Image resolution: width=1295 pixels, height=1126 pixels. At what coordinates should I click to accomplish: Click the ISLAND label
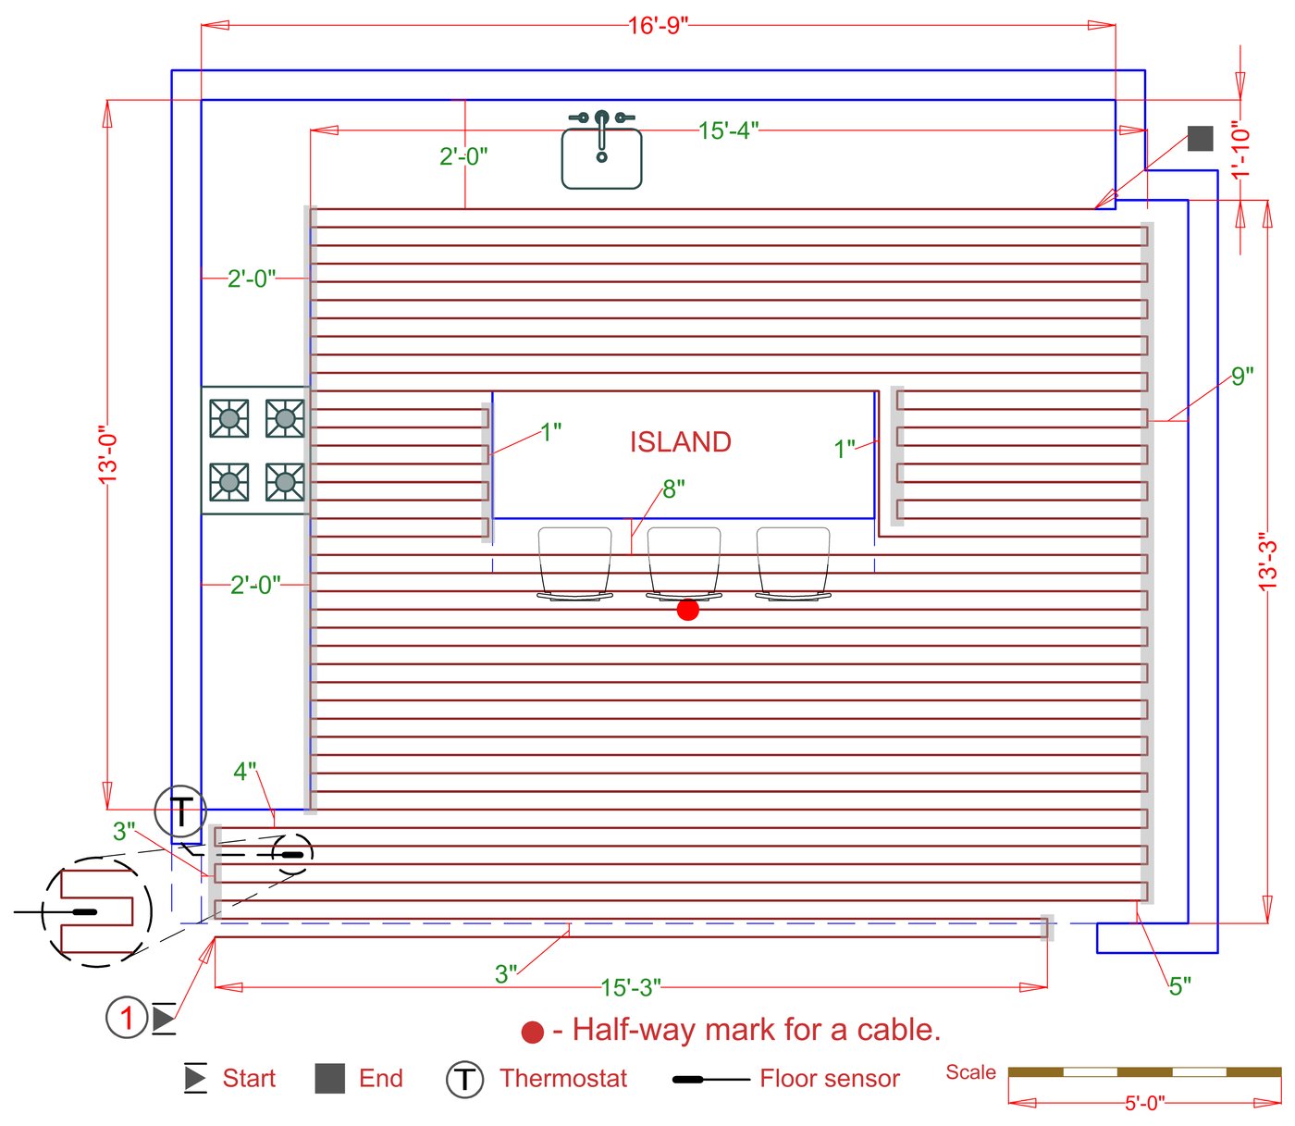(x=680, y=441)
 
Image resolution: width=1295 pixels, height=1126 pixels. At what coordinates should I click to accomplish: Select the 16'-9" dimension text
(x=658, y=25)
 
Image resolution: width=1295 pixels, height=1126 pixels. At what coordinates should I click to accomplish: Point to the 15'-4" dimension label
(x=728, y=130)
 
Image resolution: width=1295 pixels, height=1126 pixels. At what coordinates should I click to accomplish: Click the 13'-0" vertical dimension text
(x=108, y=455)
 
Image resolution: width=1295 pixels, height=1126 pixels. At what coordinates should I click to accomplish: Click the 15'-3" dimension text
(x=631, y=986)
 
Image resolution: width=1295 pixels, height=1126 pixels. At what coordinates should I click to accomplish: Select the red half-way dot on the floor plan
(x=687, y=610)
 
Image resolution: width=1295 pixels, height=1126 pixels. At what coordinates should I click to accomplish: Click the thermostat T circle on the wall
(x=181, y=810)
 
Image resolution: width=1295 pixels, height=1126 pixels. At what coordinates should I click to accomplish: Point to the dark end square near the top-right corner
(x=1200, y=138)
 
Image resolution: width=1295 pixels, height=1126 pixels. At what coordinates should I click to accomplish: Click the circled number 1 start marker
(x=128, y=1017)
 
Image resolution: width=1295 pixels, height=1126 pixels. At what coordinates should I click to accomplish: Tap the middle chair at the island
(x=684, y=563)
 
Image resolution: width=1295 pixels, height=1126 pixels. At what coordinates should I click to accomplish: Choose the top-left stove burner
(x=228, y=418)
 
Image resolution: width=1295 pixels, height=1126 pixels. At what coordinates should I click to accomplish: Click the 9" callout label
(x=1242, y=376)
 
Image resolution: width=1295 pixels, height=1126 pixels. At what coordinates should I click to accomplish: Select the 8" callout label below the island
(x=673, y=489)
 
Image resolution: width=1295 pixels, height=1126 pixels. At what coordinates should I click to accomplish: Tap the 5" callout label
(x=1179, y=986)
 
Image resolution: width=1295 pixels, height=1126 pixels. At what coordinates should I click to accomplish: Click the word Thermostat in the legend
(x=563, y=1078)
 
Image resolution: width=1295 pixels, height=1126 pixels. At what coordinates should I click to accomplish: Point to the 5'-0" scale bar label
(x=1144, y=1103)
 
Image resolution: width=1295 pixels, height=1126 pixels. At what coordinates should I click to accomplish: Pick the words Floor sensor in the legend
(x=829, y=1078)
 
